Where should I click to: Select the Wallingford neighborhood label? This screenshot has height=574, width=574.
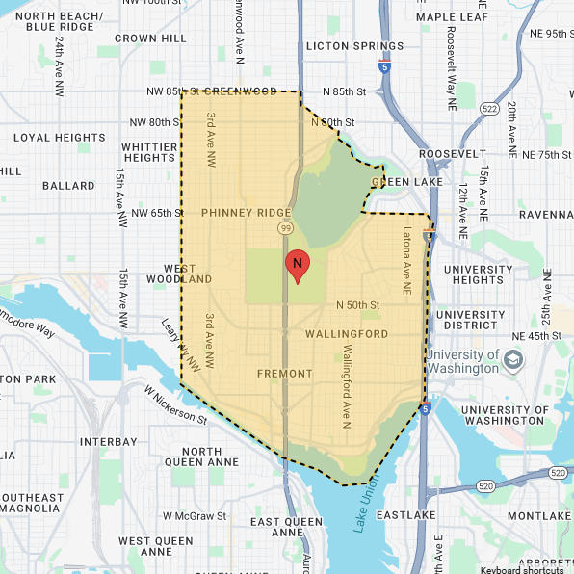[x=346, y=334]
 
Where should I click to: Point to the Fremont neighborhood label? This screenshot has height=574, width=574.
[x=285, y=373]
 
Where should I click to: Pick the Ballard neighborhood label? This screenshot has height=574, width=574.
[x=68, y=185]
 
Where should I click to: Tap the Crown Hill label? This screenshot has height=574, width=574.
[x=149, y=39]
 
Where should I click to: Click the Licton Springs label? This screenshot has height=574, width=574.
[x=353, y=45]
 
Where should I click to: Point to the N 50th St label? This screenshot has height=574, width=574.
[x=358, y=305]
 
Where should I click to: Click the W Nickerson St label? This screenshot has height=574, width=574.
[x=175, y=404]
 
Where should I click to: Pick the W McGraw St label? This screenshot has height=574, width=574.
[x=196, y=515]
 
